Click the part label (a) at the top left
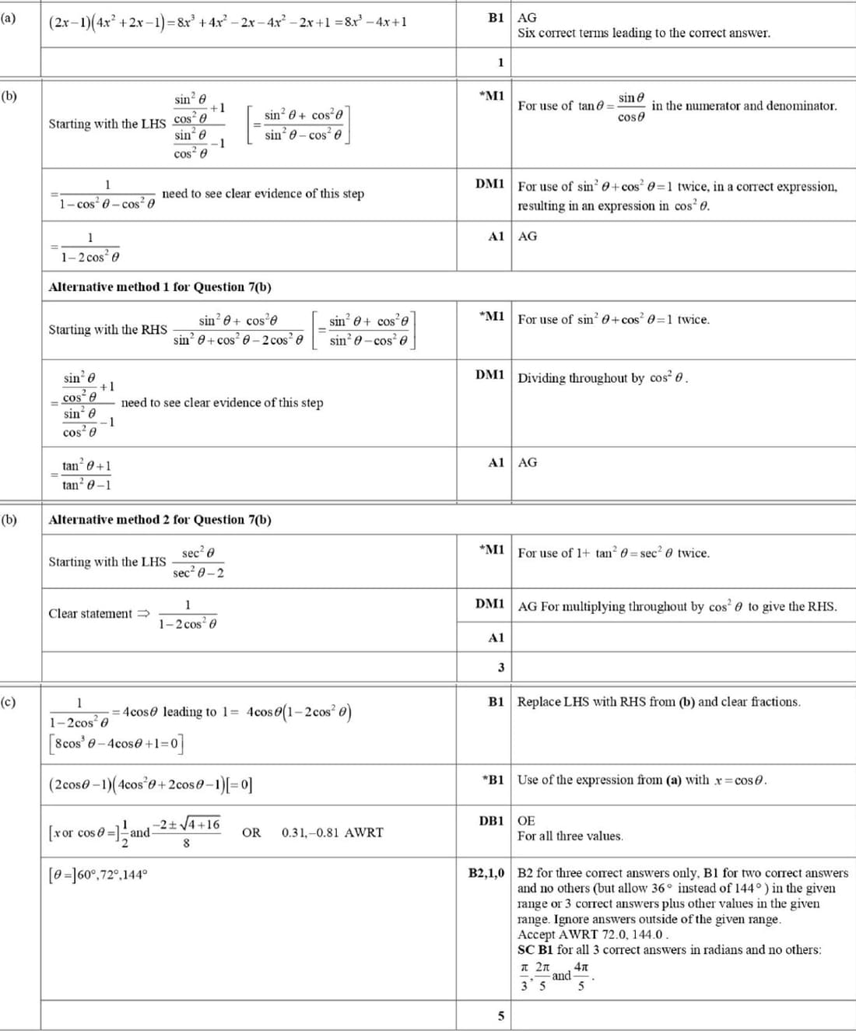[x=9, y=16]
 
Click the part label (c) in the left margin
[x=9, y=701]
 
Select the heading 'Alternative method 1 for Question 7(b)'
[x=160, y=287]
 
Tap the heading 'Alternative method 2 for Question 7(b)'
[x=160, y=520]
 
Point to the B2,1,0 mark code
[x=486, y=873]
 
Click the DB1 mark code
[x=491, y=821]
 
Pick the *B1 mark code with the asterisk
[x=493, y=780]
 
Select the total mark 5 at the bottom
[x=500, y=1015]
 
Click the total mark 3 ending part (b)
[x=500, y=667]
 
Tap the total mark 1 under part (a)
[x=500, y=62]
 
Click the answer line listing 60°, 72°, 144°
[x=97, y=875]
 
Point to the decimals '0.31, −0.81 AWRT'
[x=332, y=833]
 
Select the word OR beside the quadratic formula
[x=251, y=833]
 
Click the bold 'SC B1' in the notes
[x=535, y=950]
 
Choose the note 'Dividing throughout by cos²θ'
[x=603, y=378]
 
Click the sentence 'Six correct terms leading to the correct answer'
[x=644, y=33]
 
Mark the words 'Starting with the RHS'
[x=107, y=330]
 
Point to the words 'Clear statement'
[x=90, y=614]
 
